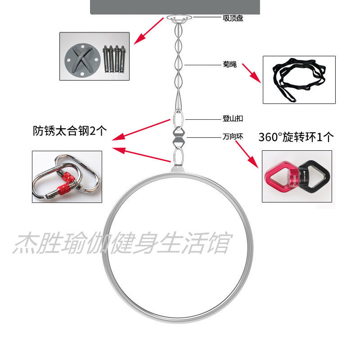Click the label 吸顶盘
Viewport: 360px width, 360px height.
tap(233, 18)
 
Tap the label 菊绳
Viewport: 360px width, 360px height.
tap(229, 64)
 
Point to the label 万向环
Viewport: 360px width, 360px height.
tap(233, 135)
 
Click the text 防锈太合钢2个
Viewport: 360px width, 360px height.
tap(69, 130)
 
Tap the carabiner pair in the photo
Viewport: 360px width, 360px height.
tap(66, 176)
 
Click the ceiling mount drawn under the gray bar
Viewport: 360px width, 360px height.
tap(180, 18)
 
